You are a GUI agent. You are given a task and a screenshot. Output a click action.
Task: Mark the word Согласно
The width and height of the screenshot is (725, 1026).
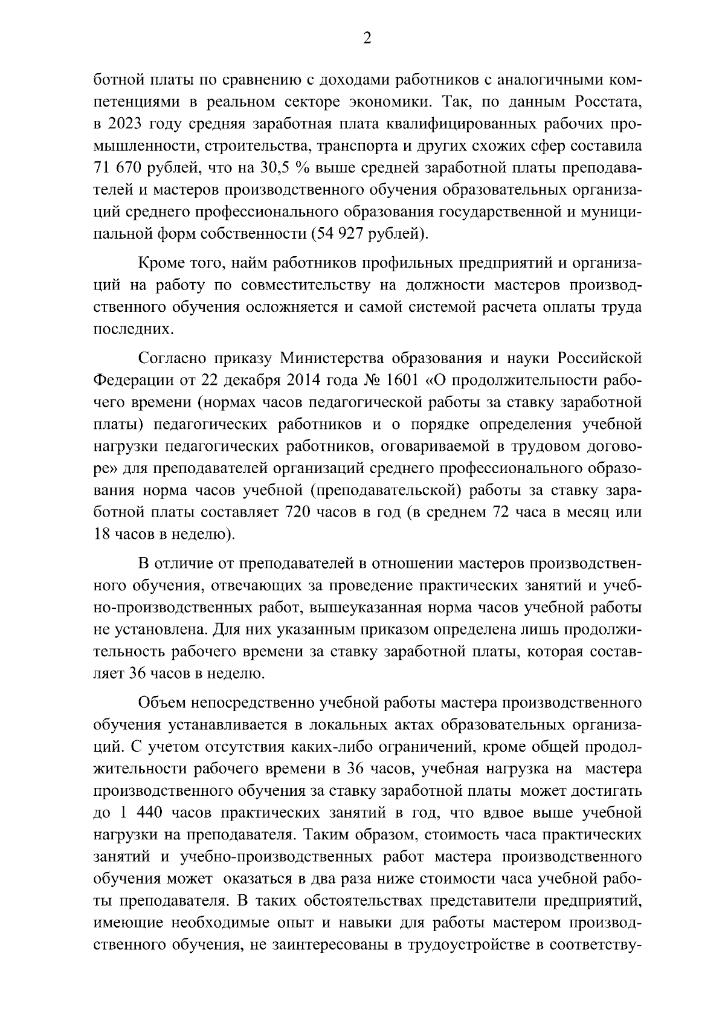(x=173, y=358)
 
